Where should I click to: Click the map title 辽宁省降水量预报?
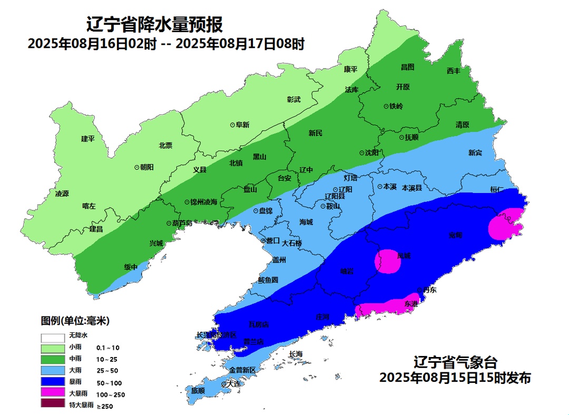point(154,24)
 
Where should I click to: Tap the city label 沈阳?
point(371,153)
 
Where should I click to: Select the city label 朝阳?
point(146,167)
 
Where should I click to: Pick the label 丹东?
point(429,290)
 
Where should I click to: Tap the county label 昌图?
point(407,67)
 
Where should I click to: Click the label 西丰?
point(453,71)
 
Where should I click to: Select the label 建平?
point(87,139)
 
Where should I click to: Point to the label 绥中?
point(131,267)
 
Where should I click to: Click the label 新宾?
point(475,153)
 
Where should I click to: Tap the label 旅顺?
point(198,391)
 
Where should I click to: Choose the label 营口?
point(272,241)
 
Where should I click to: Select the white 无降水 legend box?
point(52,336)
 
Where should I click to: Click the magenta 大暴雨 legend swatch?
point(52,393)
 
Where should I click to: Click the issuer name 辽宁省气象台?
point(455,363)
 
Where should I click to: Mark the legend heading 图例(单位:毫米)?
point(75,321)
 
